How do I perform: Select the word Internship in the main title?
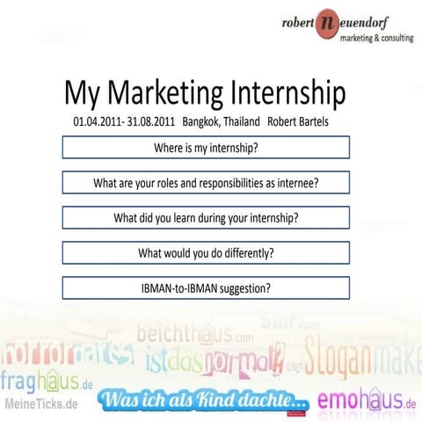coord(287,94)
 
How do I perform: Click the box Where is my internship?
coord(206,148)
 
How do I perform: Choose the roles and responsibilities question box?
coord(206,183)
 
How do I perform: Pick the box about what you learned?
coord(206,217)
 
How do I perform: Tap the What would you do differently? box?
coord(206,252)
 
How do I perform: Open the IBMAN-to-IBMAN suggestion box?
coord(206,287)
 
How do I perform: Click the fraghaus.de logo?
coord(47,383)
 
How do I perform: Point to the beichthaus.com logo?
coord(190,335)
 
